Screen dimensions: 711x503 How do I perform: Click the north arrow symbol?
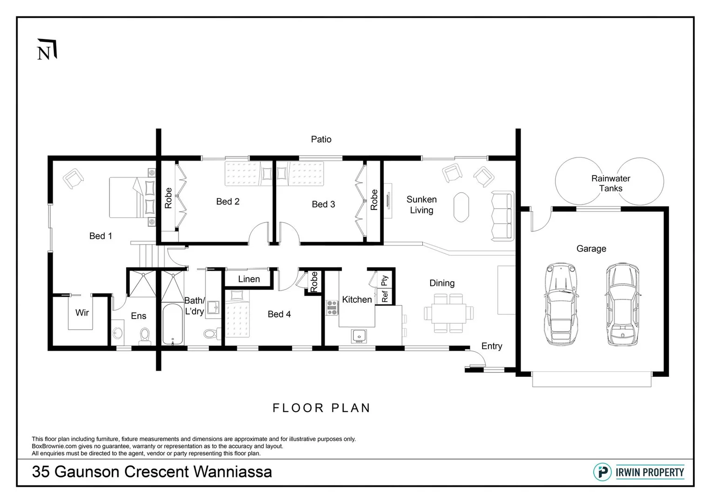47,49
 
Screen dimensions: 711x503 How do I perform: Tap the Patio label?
321,139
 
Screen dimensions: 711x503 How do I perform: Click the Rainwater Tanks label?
610,183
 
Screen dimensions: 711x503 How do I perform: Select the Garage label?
591,248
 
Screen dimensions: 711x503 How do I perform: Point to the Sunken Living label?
421,204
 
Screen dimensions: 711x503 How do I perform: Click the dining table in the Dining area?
448,313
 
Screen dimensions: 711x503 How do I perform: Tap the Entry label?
492,346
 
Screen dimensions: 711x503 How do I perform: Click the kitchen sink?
359,336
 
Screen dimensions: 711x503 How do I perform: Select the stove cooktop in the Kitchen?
332,308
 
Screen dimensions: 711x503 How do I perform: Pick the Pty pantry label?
385,280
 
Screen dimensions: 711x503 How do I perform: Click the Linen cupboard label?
249,279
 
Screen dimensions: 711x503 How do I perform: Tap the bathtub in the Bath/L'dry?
173,324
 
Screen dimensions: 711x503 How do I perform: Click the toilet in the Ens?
145,336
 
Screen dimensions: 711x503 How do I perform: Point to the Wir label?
82,313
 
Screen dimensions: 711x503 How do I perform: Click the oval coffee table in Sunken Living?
461,207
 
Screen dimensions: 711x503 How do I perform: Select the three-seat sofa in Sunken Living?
502,216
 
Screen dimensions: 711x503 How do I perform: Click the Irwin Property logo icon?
602,472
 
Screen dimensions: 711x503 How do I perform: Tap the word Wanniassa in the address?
233,471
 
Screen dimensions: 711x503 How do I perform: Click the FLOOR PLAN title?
321,408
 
